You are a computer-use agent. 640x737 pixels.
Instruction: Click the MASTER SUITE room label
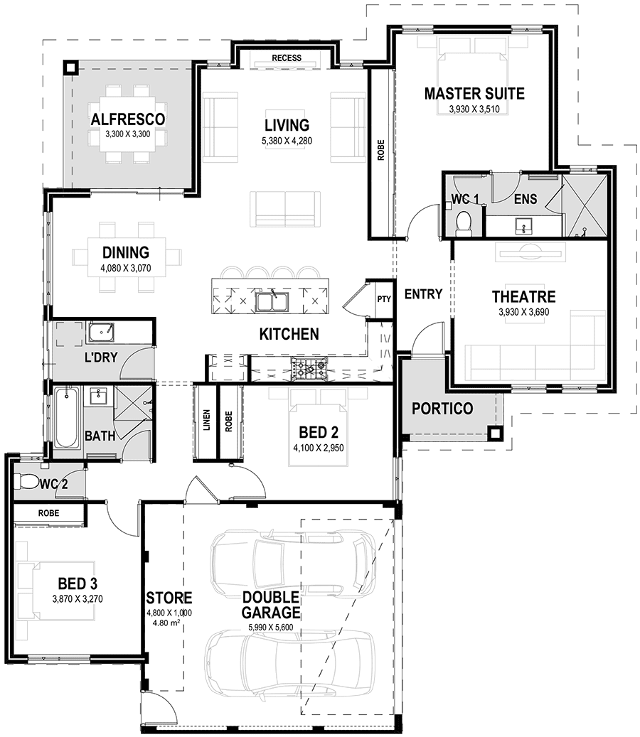(x=474, y=93)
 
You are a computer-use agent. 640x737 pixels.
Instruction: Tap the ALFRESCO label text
(x=128, y=119)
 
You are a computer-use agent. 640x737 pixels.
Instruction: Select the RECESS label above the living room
(x=287, y=58)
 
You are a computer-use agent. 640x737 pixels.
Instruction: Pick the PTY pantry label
(x=383, y=299)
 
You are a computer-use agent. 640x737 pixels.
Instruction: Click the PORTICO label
(x=442, y=409)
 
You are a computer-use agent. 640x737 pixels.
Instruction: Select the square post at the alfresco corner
(x=70, y=68)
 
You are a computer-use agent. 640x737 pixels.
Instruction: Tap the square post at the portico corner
(x=496, y=432)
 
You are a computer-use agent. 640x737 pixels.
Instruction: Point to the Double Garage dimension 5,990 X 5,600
(x=270, y=628)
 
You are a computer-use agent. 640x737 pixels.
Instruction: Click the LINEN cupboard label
(x=206, y=421)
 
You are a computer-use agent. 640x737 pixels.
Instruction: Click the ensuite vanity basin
(x=525, y=227)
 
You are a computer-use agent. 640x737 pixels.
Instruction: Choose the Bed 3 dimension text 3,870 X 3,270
(x=78, y=598)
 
